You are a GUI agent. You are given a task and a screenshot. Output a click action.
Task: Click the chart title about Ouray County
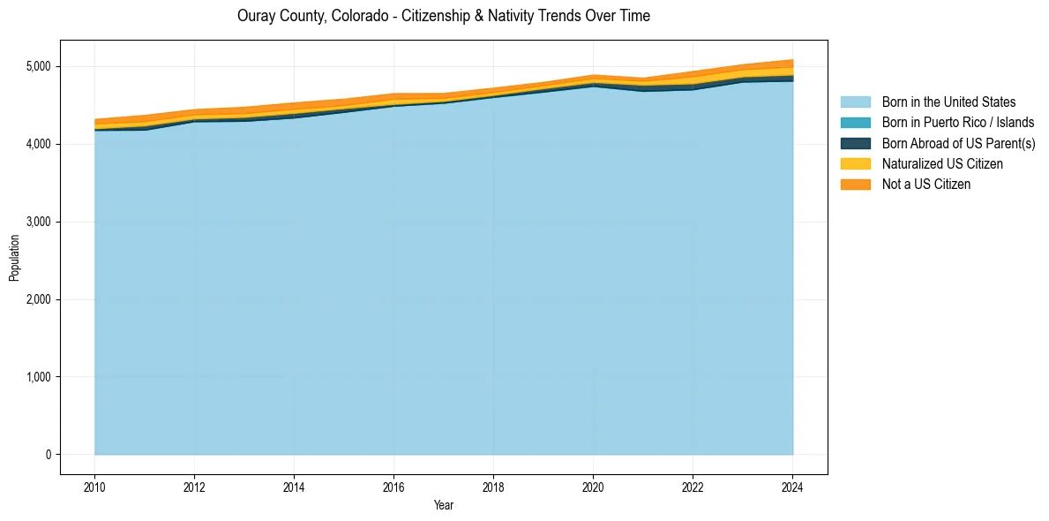tap(444, 17)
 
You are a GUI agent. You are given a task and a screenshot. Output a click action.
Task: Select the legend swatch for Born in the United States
tap(855, 102)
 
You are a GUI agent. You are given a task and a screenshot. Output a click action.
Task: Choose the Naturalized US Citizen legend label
tap(942, 163)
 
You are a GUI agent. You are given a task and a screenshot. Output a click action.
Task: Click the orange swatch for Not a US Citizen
tap(855, 184)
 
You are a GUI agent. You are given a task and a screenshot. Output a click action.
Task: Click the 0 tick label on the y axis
tap(49, 455)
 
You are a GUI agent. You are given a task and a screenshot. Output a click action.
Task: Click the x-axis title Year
tap(444, 505)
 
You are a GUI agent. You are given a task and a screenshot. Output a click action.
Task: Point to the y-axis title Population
tap(14, 258)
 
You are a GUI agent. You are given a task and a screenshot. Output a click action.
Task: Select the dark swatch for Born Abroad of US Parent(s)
tap(855, 143)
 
